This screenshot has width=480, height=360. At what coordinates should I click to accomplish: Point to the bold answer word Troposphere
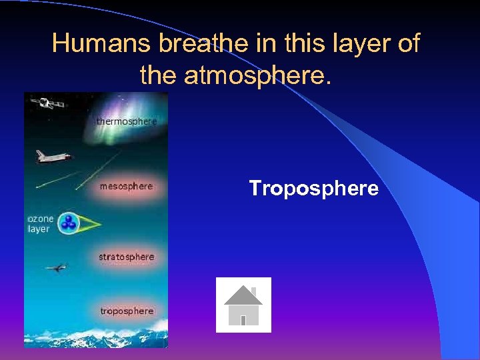click(x=313, y=189)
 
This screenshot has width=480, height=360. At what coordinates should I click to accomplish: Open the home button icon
click(x=243, y=305)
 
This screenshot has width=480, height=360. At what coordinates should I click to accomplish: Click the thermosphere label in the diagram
click(x=126, y=121)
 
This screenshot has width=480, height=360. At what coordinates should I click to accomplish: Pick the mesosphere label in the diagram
click(x=126, y=187)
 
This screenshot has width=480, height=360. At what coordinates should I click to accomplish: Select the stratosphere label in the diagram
click(x=126, y=257)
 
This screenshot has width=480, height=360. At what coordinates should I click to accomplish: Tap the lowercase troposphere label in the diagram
click(x=126, y=311)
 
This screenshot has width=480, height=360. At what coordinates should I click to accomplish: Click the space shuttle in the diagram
click(x=53, y=157)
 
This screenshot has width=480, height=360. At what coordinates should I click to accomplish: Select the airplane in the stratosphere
click(x=56, y=268)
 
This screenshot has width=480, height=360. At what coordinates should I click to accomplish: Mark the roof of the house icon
click(x=243, y=295)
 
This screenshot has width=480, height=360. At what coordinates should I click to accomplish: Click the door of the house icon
click(x=243, y=320)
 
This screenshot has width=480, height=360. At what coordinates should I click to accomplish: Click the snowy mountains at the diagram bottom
click(x=100, y=337)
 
